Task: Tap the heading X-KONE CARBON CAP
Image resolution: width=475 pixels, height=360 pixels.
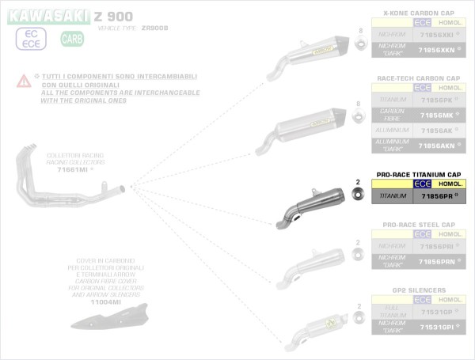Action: (420, 13)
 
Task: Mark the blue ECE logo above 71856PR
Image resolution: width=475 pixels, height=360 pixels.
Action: (423, 184)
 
